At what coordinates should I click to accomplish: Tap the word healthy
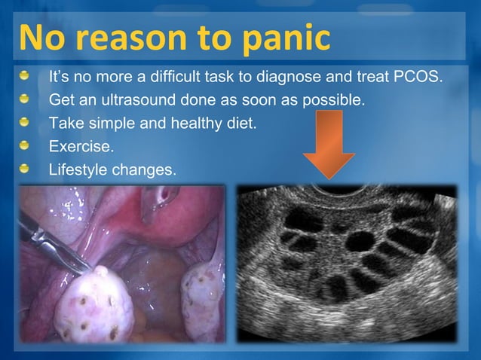pos(193,122)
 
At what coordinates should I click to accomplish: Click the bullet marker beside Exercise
pos(27,144)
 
